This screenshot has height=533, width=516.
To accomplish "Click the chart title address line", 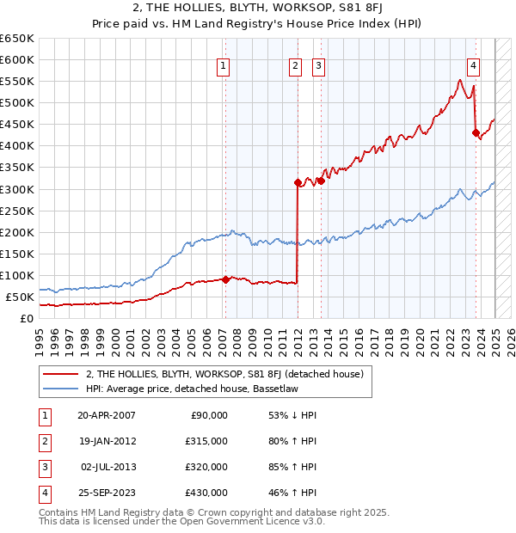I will point(258,9).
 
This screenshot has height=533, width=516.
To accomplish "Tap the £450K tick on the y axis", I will point(16,125).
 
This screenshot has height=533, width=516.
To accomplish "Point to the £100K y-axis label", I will point(16,275).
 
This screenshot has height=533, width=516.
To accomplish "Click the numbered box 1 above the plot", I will point(224,65).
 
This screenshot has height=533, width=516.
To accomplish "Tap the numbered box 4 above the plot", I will point(473,65).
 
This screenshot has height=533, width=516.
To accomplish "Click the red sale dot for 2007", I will point(225,279).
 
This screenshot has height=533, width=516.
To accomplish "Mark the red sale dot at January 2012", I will point(298,182).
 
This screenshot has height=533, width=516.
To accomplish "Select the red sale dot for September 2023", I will point(476,132).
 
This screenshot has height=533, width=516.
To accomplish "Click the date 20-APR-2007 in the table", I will point(107,415).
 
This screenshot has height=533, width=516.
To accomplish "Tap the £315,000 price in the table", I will point(207,441).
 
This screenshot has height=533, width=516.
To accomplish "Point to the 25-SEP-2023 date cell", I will point(107,493).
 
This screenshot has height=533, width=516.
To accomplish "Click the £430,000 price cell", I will point(207,493).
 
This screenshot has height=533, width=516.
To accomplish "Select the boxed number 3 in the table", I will point(42,467).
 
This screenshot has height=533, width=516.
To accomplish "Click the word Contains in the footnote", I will point(60,512).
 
